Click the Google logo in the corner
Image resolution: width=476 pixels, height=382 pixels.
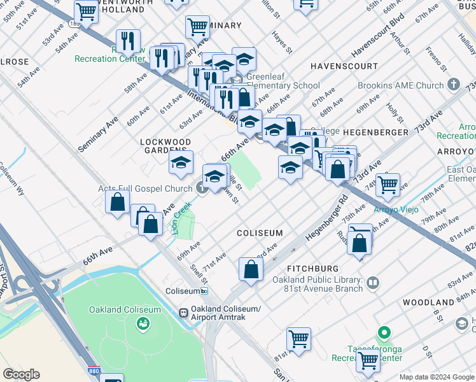point(21,374)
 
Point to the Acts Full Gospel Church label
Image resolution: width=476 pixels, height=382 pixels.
point(145,188)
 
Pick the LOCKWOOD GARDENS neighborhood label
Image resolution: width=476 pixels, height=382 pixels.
point(165,146)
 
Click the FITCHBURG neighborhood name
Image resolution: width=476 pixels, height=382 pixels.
point(312,269)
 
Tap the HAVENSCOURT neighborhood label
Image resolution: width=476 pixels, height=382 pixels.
point(340,66)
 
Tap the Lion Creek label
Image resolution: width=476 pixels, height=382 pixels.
point(183,218)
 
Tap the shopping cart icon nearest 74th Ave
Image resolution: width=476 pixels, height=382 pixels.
point(388,185)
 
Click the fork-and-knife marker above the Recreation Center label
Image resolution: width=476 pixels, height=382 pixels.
point(128,42)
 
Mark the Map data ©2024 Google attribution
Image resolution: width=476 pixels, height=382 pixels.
point(437,377)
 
